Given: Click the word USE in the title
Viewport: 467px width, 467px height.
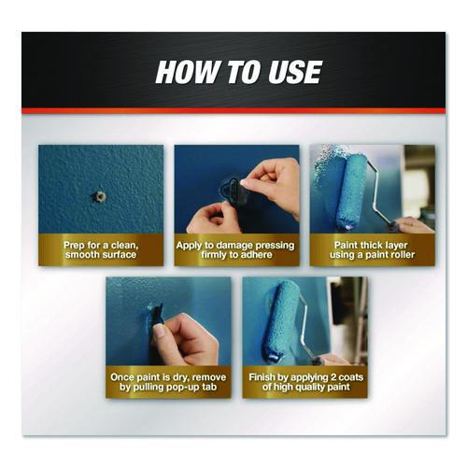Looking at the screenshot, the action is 295,72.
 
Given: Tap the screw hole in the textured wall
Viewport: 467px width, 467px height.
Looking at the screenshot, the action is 100,196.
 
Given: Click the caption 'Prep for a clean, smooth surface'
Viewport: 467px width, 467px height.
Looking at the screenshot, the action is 101,249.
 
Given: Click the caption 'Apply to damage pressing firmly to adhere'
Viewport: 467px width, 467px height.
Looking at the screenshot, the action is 235,249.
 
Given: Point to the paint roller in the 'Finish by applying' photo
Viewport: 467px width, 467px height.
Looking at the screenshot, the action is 282,320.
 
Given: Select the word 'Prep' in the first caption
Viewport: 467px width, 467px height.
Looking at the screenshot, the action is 74,246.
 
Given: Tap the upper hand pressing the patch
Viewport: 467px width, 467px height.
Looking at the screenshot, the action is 273,185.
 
